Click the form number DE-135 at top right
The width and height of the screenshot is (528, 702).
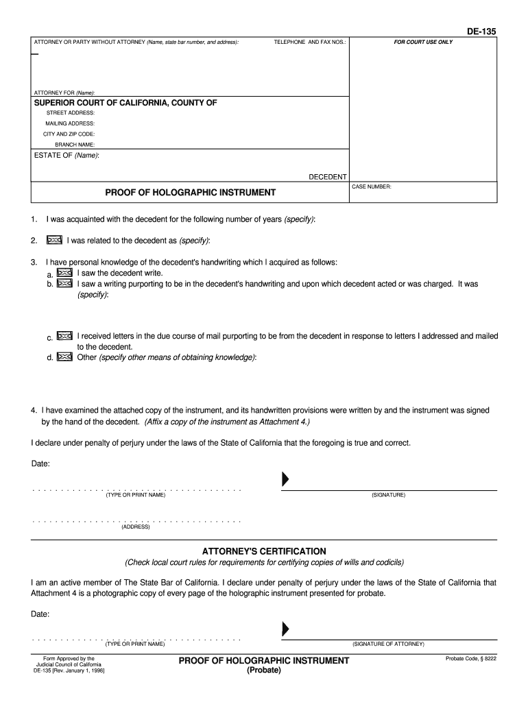tap(481, 32)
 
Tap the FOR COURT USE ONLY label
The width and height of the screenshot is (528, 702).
tap(423, 43)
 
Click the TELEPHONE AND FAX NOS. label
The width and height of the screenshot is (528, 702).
tap(311, 43)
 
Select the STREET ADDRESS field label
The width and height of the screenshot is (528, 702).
tap(71, 112)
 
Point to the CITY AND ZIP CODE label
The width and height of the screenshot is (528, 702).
tap(69, 134)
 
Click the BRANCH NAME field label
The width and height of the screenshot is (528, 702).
tap(75, 145)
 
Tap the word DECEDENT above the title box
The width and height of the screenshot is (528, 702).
tap(327, 177)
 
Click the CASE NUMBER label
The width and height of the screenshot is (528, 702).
tap(372, 186)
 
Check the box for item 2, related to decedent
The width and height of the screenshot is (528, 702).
tap(54, 241)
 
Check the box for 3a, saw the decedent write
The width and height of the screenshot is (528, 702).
tap(65, 273)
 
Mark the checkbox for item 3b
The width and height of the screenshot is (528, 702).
tap(65, 283)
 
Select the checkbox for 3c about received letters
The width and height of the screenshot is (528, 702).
tap(65, 337)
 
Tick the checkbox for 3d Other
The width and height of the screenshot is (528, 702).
tap(65, 356)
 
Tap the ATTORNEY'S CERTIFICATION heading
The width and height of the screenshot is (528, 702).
tap(264, 551)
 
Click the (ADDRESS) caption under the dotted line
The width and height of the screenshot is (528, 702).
tap(136, 526)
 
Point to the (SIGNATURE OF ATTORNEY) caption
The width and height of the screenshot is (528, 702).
tap(388, 644)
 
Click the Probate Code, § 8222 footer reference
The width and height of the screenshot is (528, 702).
tap(470, 659)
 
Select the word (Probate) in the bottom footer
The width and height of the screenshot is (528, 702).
tap(264, 670)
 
